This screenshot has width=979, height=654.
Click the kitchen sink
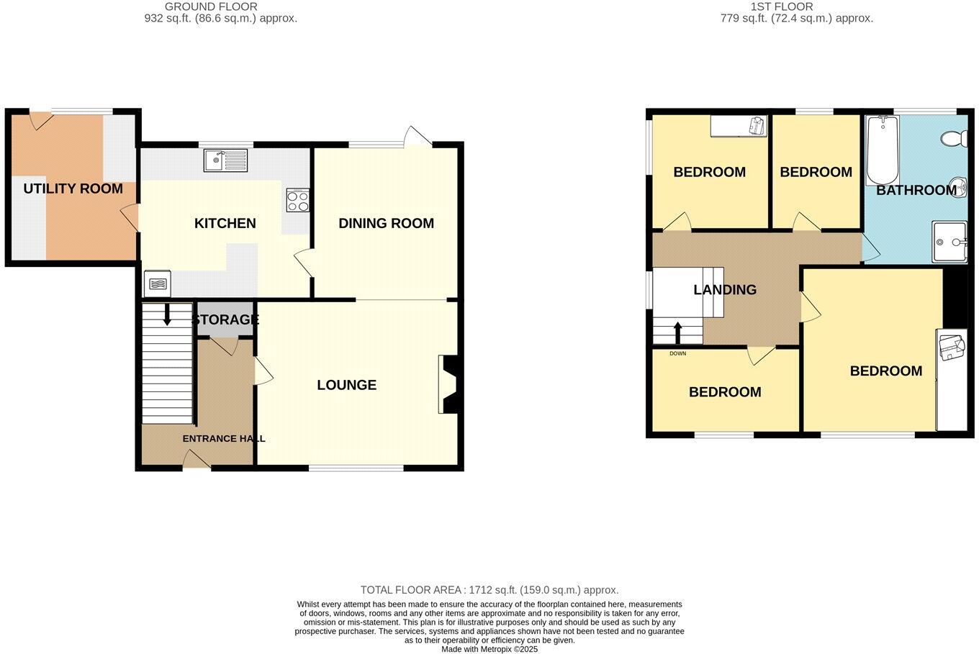225,160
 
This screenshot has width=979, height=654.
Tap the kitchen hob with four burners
298,201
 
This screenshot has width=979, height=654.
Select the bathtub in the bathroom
883,150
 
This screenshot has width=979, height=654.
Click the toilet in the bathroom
956,137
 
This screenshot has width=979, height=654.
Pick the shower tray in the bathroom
949,242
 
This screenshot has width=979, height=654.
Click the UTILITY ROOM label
73,189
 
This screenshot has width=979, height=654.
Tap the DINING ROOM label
386,224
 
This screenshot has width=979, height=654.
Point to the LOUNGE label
346,386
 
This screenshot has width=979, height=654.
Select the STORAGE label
225,320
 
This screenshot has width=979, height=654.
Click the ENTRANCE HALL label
223,439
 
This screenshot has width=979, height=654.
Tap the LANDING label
724,290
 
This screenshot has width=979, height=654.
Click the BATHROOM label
916,191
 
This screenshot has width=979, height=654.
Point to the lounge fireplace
448,385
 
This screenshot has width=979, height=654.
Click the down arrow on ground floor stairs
167,314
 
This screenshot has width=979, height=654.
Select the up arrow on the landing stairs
677,332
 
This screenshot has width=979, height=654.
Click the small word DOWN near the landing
677,354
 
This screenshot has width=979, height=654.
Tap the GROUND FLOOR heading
211,6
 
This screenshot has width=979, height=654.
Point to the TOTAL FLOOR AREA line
489,590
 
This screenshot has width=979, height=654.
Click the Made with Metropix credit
489,649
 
